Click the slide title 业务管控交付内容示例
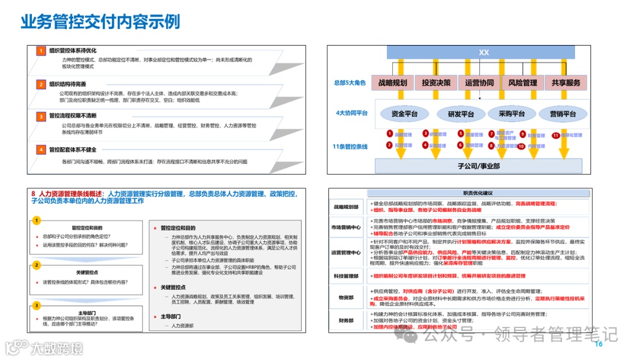click(x=101, y=22)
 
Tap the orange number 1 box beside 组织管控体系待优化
click(x=40, y=51)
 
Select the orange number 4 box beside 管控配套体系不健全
click(x=40, y=150)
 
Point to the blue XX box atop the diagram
click(x=484, y=53)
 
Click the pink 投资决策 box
click(x=436, y=83)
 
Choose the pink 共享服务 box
click(x=565, y=83)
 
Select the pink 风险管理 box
click(x=522, y=83)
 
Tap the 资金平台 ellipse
click(x=405, y=114)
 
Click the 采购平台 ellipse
click(x=512, y=114)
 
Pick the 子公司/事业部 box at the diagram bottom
click(x=479, y=166)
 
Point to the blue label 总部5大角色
click(x=350, y=83)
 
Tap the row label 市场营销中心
click(x=346, y=227)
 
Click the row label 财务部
click(x=346, y=320)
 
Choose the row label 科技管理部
click(x=346, y=276)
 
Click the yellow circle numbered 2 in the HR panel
click(x=36, y=265)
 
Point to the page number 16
click(x=598, y=344)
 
